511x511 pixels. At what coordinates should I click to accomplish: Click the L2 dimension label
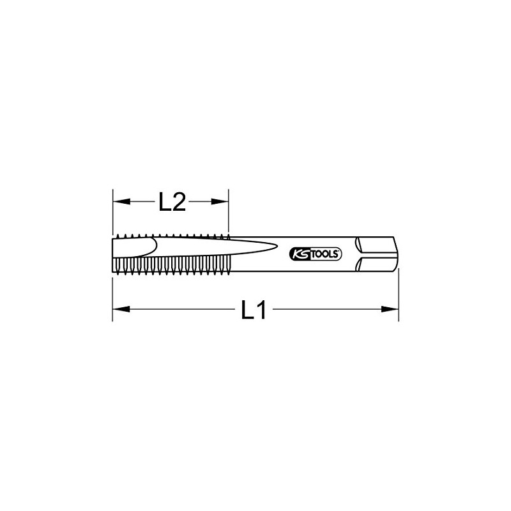(x=172, y=202)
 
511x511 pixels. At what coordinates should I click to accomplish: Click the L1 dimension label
(x=254, y=309)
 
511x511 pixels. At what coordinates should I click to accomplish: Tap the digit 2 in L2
(x=178, y=202)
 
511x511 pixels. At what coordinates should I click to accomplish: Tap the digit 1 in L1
(x=261, y=309)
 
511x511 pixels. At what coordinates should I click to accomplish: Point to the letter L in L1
(x=247, y=309)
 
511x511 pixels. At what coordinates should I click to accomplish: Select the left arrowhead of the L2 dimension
(x=121, y=202)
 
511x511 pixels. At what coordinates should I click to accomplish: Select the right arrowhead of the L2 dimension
(x=220, y=202)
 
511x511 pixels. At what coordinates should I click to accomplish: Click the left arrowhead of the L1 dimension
(x=121, y=309)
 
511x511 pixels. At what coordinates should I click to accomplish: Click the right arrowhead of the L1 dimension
(x=390, y=309)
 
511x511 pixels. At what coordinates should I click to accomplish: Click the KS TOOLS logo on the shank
(x=316, y=254)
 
